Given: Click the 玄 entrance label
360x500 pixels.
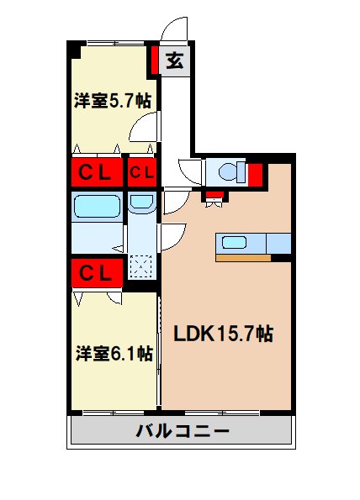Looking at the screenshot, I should point(175,61).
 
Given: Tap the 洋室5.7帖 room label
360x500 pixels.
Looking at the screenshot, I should point(112,101).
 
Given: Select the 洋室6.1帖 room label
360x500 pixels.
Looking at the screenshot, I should point(113,353).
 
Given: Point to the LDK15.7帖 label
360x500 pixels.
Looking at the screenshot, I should point(222,333).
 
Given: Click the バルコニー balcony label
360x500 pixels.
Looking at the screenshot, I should point(183,433).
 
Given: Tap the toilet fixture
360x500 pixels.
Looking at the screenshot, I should point(229,172).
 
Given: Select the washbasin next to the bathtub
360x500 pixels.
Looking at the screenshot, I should point(141,203).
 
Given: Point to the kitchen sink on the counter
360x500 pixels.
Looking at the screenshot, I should point(234,243).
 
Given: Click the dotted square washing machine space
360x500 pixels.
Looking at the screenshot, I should point(141,267).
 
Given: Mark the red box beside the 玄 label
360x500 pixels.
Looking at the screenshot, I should point(156,61).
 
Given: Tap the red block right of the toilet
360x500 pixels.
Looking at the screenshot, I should point(256,174).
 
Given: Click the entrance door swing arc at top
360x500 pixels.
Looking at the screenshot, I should point(176,29).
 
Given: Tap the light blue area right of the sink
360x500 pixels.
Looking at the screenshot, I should point(278,243).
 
